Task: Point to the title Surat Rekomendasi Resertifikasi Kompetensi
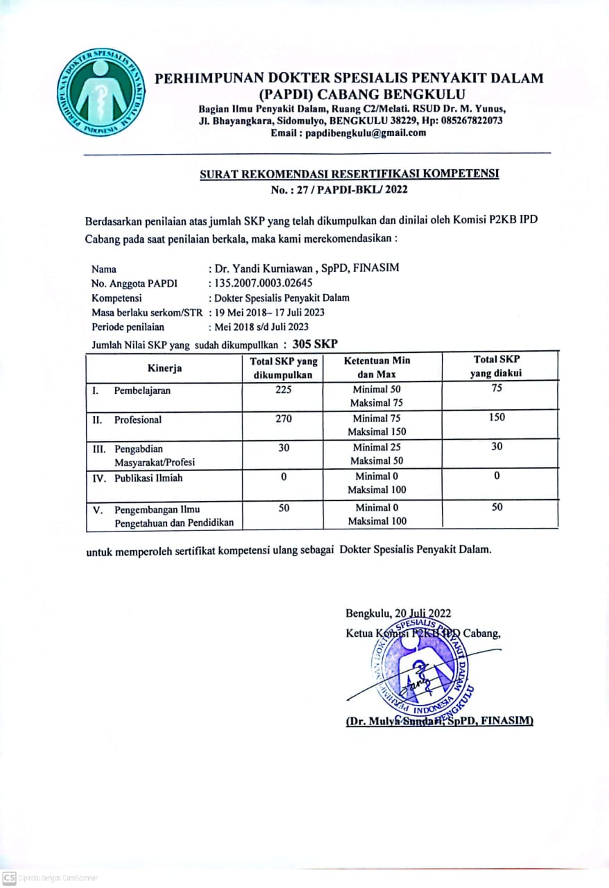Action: click(x=350, y=175)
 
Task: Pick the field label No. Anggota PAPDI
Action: click(x=134, y=283)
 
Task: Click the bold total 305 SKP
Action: click(x=316, y=343)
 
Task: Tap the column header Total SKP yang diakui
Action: click(x=497, y=366)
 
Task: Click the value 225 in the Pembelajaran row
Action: click(x=283, y=390)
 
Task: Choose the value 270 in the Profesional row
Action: click(x=283, y=419)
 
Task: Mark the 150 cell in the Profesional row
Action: click(x=497, y=418)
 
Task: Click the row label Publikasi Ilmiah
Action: click(x=148, y=478)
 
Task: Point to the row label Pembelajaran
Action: click(x=142, y=391)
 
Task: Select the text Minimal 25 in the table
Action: click(x=377, y=447)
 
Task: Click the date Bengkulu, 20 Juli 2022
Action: click(x=398, y=613)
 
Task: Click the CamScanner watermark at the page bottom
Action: click(x=50, y=878)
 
